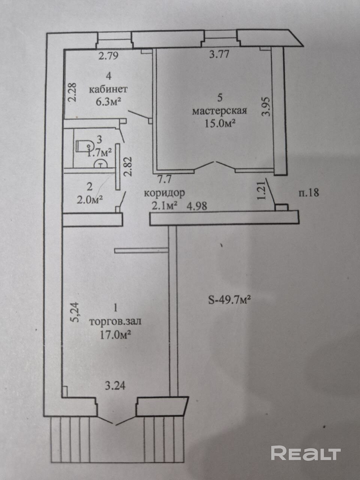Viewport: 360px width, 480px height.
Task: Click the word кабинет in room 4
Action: [x=108, y=90]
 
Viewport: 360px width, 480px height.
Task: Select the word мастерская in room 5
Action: [x=219, y=111]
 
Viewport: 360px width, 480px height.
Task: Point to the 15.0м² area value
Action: [x=220, y=123]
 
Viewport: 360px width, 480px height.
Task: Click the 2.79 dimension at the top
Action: [x=108, y=56]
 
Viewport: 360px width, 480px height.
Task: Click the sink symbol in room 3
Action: [x=100, y=163]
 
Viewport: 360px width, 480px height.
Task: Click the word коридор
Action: [x=165, y=193]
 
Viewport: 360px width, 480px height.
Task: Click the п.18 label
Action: [x=309, y=193]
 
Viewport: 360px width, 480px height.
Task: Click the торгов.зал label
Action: [x=115, y=321]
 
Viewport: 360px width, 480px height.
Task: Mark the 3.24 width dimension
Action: [x=115, y=385]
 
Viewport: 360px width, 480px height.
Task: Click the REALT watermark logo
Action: [x=306, y=453]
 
